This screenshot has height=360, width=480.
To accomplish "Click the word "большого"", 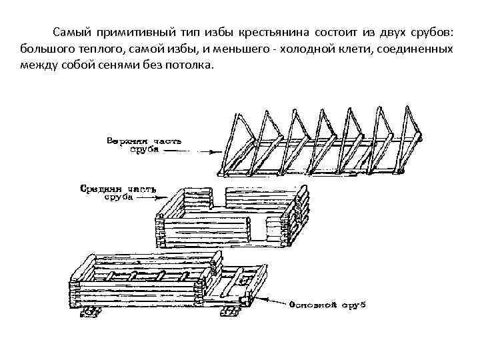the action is [47, 49].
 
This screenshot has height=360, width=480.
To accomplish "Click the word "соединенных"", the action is [421, 49].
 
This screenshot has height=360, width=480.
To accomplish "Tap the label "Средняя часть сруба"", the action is [117, 193].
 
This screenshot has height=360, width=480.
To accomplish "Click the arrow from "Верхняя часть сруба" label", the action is [190, 151].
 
